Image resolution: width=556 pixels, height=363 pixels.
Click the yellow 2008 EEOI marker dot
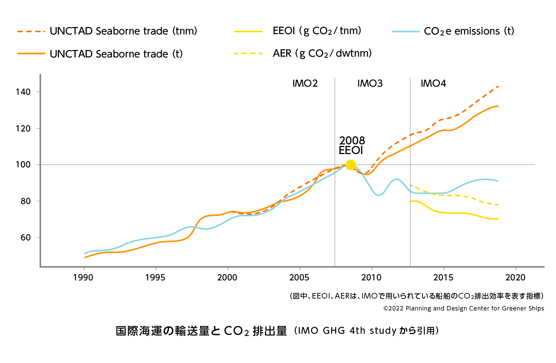coord(350,165)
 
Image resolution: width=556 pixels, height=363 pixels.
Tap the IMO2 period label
coord(305,83)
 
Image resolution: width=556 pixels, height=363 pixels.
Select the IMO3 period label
coord(370,83)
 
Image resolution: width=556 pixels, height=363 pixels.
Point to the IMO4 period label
coord(433,83)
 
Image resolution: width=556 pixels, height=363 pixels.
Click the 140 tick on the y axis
coord(23,92)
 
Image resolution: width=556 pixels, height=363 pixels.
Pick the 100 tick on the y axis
coord(23,164)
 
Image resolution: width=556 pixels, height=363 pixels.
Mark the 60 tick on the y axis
coord(26,237)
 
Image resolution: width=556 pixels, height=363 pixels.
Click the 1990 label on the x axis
coord(83,277)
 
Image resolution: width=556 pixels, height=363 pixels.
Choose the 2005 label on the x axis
coord(299,277)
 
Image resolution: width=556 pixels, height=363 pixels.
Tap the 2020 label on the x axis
coord(515,277)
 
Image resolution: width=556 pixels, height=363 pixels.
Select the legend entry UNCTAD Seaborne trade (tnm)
coord(123,31)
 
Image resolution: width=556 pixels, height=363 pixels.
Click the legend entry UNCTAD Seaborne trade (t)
coord(116,54)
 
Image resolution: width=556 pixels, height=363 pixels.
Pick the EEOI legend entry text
coord(317,31)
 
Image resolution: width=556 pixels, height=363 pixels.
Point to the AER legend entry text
coord(322,54)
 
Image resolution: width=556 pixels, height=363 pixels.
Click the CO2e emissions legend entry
coord(469,31)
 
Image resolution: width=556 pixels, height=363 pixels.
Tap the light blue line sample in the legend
coord(406,31)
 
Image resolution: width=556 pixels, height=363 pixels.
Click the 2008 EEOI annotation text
coord(351,146)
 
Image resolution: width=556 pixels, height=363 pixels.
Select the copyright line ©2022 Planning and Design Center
coord(464,308)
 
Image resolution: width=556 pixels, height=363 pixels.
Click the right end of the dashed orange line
coord(498,87)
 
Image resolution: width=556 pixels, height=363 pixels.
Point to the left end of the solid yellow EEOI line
coord(411,201)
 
